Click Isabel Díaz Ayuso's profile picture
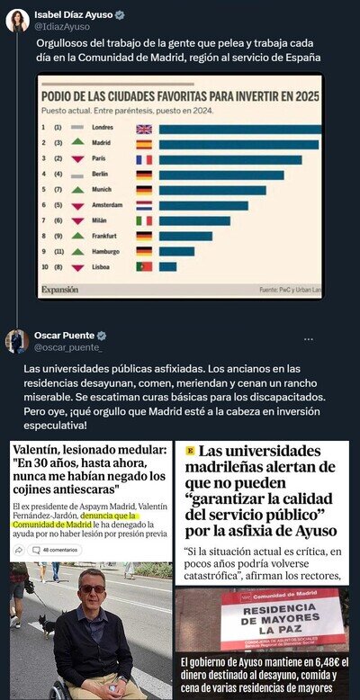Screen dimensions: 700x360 [17, 20]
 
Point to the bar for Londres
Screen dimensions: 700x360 [239, 129]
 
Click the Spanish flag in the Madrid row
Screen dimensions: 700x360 [143, 144]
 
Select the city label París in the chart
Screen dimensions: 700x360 [101, 159]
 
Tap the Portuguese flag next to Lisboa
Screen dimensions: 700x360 [143, 266]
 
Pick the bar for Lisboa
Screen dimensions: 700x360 [167, 266]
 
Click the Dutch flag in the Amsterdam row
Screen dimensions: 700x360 [143, 205]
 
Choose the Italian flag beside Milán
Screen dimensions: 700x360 [143, 220]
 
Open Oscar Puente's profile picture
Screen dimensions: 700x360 [17, 342]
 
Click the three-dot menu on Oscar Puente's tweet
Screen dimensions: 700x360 [309, 338]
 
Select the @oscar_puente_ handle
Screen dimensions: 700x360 [68, 348]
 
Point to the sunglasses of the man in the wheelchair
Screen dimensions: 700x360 [92, 588]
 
